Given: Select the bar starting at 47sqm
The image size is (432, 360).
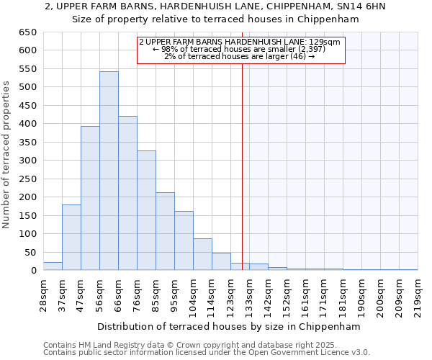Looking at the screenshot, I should (x=90, y=199).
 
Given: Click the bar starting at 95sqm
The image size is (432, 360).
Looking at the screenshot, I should (x=184, y=240).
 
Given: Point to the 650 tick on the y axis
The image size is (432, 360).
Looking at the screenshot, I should (x=27, y=32).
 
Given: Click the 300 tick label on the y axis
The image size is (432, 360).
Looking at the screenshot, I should (x=27, y=161).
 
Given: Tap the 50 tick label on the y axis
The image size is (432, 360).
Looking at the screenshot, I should (x=30, y=253).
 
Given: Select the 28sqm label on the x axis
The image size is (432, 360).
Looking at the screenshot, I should (x=48, y=296).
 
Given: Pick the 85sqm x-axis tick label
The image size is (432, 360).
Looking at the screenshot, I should (x=160, y=296).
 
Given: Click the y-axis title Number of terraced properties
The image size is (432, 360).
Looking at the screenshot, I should (x=7, y=154).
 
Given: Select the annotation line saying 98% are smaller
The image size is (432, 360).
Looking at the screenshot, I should (x=240, y=50).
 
